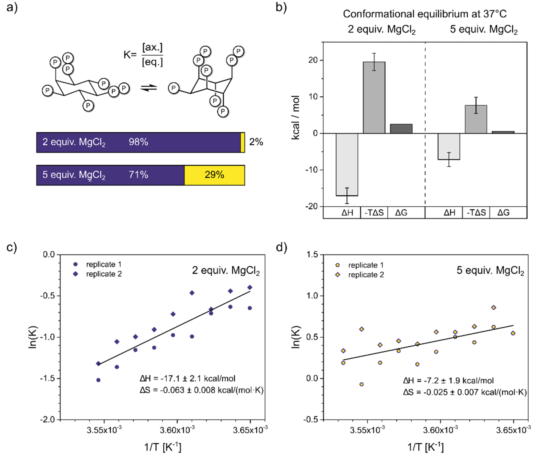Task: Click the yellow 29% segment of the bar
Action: (x=214, y=175)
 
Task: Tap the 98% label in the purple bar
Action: (x=138, y=142)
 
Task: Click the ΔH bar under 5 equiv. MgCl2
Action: (x=449, y=146)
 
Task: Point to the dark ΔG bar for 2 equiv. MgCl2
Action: (x=401, y=129)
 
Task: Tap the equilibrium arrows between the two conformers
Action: (x=149, y=88)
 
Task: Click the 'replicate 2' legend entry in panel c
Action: (x=104, y=274)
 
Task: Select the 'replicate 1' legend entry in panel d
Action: (x=365, y=265)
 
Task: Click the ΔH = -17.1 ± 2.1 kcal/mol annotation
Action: (x=187, y=378)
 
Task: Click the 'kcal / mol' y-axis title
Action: (x=296, y=117)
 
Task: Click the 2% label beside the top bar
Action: (x=256, y=142)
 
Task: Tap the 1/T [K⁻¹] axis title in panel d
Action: (x=425, y=447)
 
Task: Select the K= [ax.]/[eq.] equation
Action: (x=143, y=55)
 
